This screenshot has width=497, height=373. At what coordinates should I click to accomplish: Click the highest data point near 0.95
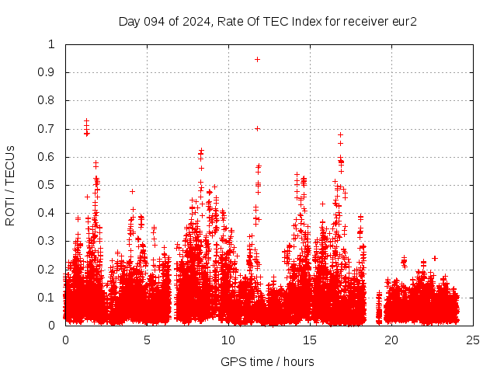point(257,59)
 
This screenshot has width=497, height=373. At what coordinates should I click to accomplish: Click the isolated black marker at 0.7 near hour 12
point(257,128)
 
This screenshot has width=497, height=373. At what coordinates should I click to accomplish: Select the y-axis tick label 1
point(51,44)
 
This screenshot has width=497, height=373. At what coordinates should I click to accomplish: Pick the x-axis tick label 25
point(473,340)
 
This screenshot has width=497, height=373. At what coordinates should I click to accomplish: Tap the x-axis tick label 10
point(228,340)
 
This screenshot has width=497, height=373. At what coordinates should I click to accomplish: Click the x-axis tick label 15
point(310,340)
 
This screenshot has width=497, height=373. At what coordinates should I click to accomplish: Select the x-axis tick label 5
point(147,340)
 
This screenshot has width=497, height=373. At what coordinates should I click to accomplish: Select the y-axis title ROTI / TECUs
point(10,185)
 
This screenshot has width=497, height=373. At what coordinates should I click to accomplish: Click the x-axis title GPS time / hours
point(267,361)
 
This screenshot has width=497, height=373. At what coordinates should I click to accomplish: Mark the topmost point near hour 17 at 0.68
point(340,134)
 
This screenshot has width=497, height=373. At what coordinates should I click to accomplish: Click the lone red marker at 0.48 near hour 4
point(132,191)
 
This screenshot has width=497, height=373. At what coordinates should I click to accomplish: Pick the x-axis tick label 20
point(391,340)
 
